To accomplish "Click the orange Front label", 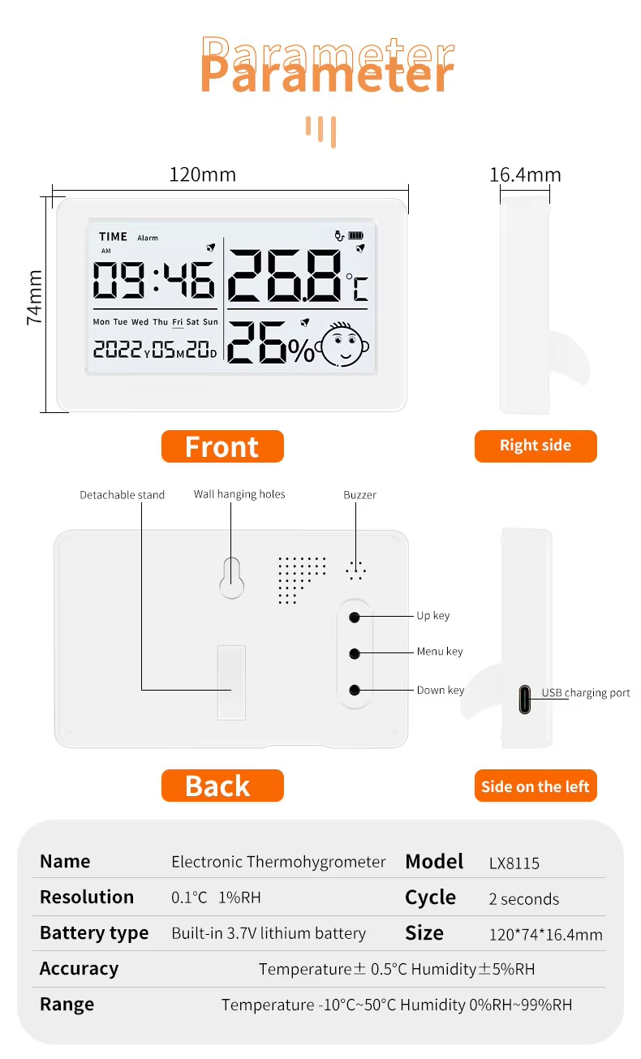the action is point(222,446).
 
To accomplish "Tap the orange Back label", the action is point(222,786).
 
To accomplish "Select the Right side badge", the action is point(536,446).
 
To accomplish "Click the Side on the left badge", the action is point(536,786).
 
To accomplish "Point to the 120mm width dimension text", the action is point(202,175).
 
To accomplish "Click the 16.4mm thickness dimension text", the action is point(525,175).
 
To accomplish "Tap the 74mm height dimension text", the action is point(35,298).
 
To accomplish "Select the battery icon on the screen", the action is point(356,235).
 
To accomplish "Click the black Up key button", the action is point(355,617).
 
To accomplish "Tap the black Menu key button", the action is point(355,654).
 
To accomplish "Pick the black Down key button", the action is point(355,691).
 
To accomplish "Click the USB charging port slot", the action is point(525,700).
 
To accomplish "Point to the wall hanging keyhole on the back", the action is point(231,579).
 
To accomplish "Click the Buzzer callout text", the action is point(359,495).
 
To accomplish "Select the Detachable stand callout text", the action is point(122,495).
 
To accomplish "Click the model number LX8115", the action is point(514,863).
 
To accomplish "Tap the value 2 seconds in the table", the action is point(524,899).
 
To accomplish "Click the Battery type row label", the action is point(94,933).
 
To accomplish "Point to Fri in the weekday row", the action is point(177,322).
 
